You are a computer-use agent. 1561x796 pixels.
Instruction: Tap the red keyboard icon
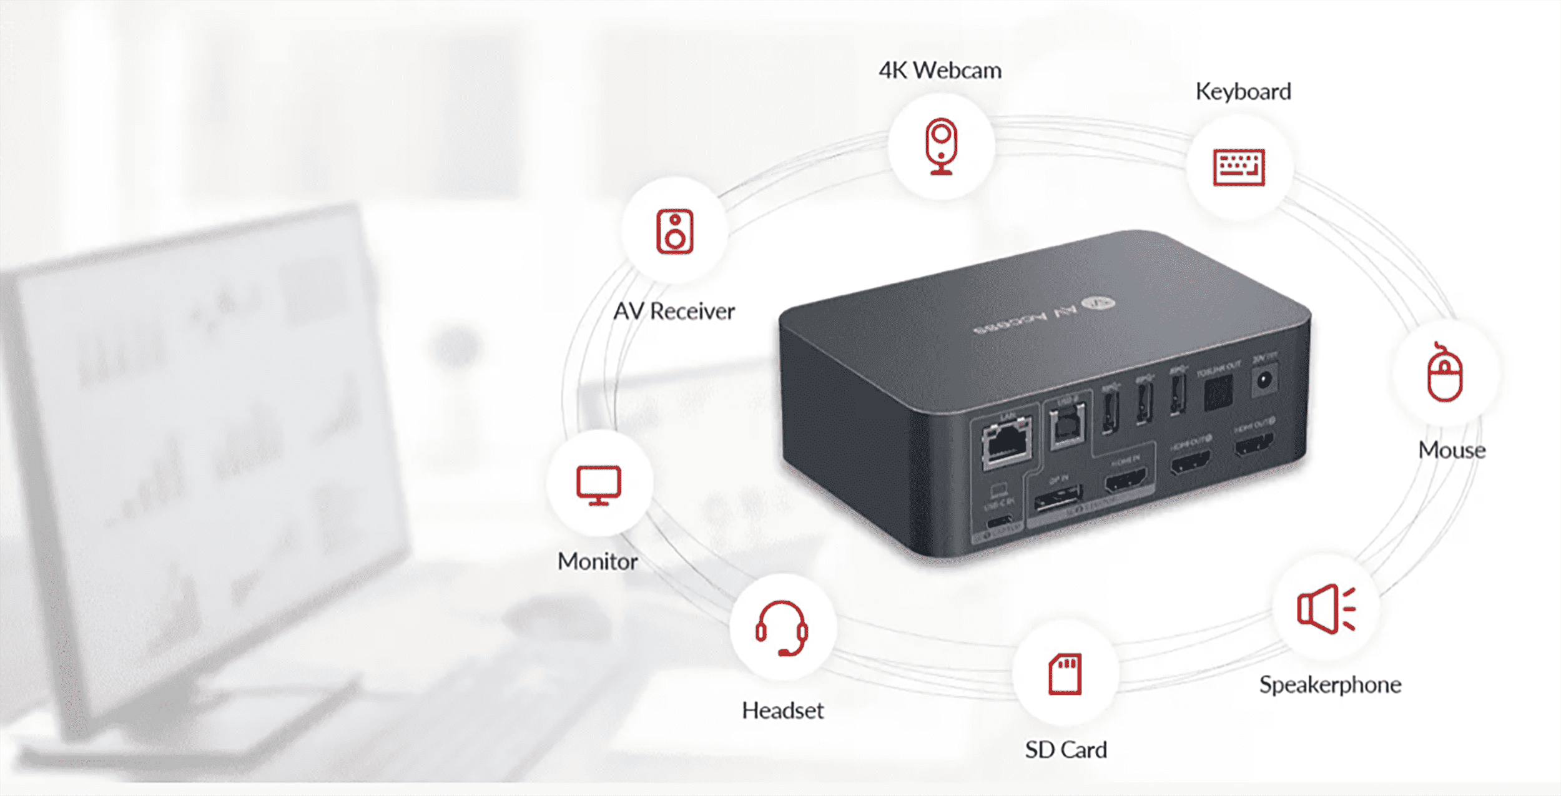coord(1239,167)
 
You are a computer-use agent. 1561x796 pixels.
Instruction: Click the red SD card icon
coord(1065,674)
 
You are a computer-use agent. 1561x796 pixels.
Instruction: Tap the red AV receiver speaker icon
coord(674,232)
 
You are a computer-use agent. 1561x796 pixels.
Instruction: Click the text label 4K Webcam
coord(940,71)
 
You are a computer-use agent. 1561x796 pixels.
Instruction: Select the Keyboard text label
coord(1243,92)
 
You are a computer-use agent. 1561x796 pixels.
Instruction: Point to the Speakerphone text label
coord(1330,685)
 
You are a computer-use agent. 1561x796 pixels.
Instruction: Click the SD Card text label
coord(1066,750)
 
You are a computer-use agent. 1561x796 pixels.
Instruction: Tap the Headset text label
coord(782,710)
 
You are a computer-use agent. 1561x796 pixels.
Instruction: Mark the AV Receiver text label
coord(674,311)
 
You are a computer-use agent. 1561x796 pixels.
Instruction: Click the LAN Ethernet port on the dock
coord(1006,444)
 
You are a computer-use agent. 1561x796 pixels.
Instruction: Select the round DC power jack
coord(1264,380)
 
